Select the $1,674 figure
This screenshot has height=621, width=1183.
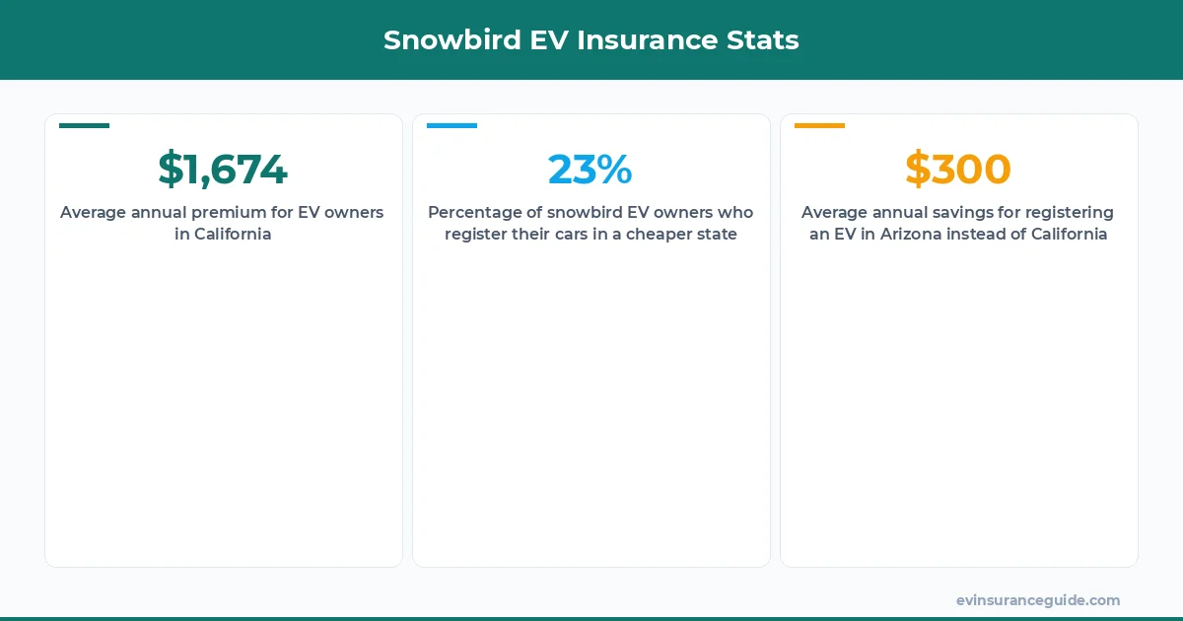[223, 170]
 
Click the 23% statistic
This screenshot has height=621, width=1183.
[591, 170]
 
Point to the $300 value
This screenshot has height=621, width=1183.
[958, 170]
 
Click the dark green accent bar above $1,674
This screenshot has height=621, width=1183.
[84, 126]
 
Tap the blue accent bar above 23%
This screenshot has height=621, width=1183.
[452, 126]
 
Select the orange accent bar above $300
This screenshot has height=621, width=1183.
[819, 126]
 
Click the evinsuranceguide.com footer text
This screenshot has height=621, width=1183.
[1038, 600]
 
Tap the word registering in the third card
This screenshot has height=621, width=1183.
[1070, 213]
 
